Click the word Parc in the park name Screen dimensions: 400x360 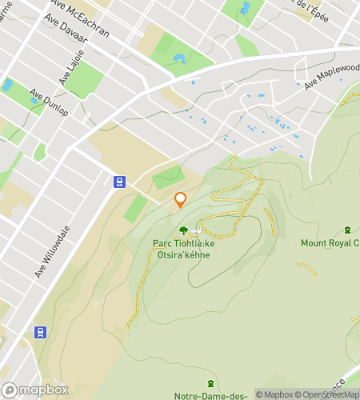tap(163, 243)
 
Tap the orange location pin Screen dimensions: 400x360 tap(181, 200)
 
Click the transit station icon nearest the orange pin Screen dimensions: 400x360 tap(118, 182)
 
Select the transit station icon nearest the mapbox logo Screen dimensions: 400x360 tap(40, 332)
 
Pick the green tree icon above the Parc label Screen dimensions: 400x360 tap(183, 230)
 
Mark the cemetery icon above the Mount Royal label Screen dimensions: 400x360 tap(346, 230)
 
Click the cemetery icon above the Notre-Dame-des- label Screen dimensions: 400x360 tap(210, 383)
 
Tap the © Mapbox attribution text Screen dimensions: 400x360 tap(274, 394)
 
